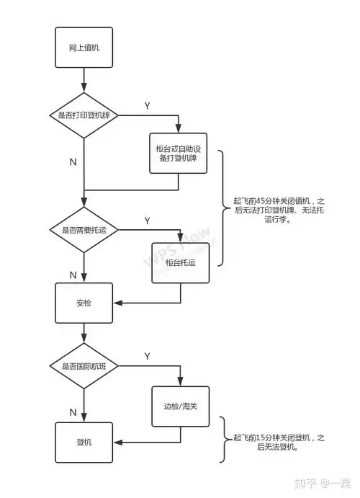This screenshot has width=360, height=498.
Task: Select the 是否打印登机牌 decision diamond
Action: pos(84,115)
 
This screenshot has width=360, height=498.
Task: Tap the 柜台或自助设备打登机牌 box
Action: pos(178,153)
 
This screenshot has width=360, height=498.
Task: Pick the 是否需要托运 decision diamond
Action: pos(84,230)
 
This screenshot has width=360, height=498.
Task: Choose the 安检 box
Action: pos(84,303)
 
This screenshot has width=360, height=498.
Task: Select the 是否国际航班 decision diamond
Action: pos(84,367)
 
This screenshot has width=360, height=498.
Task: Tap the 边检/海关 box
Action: pos(180,406)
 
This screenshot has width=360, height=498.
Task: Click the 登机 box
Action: pos(84,442)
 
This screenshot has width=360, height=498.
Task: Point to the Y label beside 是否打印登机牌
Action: pos(147,106)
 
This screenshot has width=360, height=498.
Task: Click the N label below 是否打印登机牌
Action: pos(73,162)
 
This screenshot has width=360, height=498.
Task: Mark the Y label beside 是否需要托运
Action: pos(147,220)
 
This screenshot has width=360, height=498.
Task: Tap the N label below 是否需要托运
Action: pos(73,275)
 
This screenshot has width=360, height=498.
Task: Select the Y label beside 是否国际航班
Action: pos(147,357)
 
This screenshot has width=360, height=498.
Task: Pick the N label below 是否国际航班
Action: pos(73,412)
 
